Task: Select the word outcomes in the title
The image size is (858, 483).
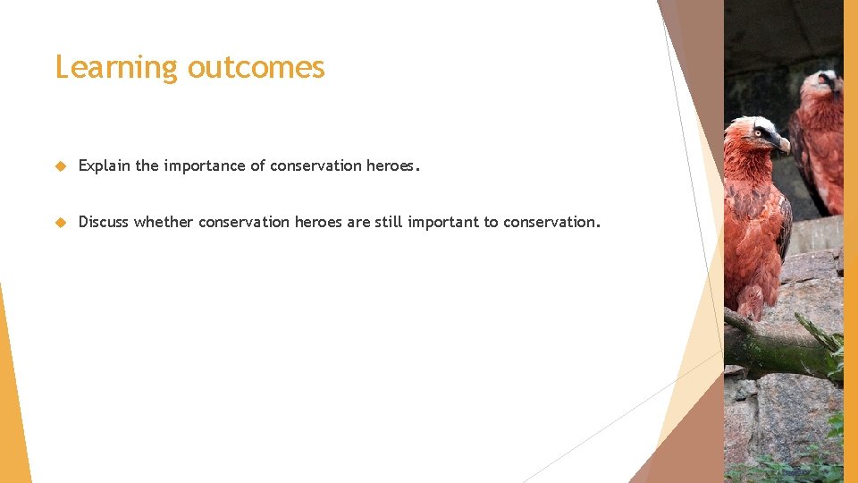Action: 257,67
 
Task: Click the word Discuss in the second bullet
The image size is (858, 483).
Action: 104,222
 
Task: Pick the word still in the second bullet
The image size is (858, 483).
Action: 388,222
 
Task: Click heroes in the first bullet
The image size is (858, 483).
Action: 390,165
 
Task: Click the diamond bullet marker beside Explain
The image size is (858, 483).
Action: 61,166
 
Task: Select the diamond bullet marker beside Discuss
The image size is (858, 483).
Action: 61,223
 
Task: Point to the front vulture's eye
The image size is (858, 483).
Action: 759,132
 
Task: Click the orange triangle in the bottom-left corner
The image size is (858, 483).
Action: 13,402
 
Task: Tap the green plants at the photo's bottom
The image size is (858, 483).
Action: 786,470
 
